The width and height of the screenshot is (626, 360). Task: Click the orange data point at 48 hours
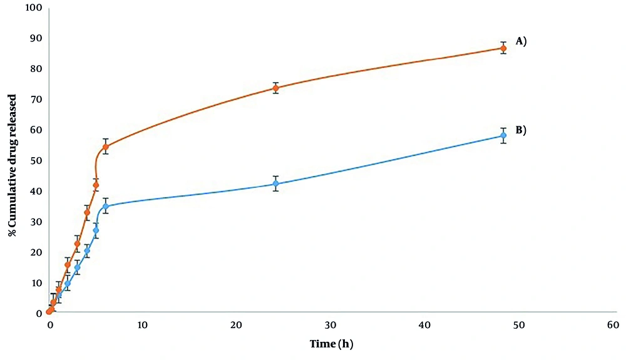[x=503, y=48]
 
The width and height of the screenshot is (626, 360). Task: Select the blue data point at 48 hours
[x=503, y=135]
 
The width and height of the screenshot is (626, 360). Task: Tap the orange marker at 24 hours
[x=275, y=88]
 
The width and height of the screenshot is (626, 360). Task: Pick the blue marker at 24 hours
[x=275, y=183]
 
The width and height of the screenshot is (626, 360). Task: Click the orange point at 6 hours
[x=106, y=147]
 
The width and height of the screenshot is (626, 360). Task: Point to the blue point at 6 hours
[x=106, y=206]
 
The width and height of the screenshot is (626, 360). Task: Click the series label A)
[x=520, y=41]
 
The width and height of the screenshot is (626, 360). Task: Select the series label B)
[x=520, y=130]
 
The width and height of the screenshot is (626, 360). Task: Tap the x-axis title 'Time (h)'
[x=332, y=344]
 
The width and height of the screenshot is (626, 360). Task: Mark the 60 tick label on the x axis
[x=613, y=325]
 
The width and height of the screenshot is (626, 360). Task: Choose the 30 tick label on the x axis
[x=331, y=325]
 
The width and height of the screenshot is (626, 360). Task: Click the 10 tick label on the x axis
[x=143, y=325]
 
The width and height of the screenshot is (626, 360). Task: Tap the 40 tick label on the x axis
[x=425, y=325]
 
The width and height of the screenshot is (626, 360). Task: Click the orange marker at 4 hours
[x=87, y=213]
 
